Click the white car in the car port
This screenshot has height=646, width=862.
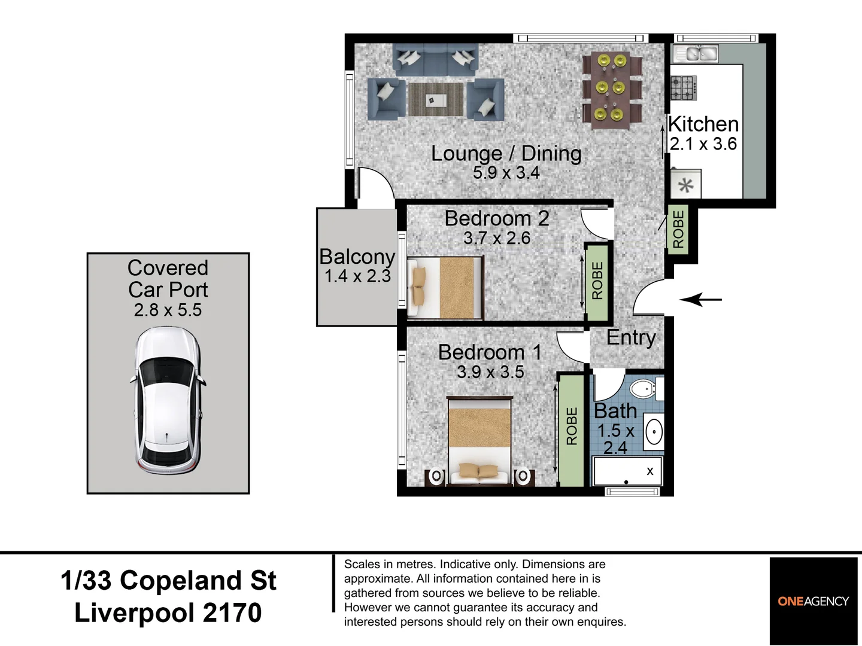point(168,401)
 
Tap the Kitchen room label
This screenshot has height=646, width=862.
point(703,124)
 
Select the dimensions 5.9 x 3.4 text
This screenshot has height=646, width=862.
point(506,173)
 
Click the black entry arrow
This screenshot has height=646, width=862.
point(700,299)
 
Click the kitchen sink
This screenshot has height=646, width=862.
point(697,54)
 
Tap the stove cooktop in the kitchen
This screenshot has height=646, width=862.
point(683,88)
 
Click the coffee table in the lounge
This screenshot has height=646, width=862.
point(436,99)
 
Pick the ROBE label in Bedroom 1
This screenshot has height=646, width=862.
point(572,426)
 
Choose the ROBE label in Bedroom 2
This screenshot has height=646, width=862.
point(597,281)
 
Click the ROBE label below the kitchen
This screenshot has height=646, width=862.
point(678,229)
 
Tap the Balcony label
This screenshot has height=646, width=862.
point(357,257)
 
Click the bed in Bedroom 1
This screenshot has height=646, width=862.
point(479,441)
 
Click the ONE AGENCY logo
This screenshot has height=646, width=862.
point(813,601)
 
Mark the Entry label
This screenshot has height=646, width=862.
point(631,338)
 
